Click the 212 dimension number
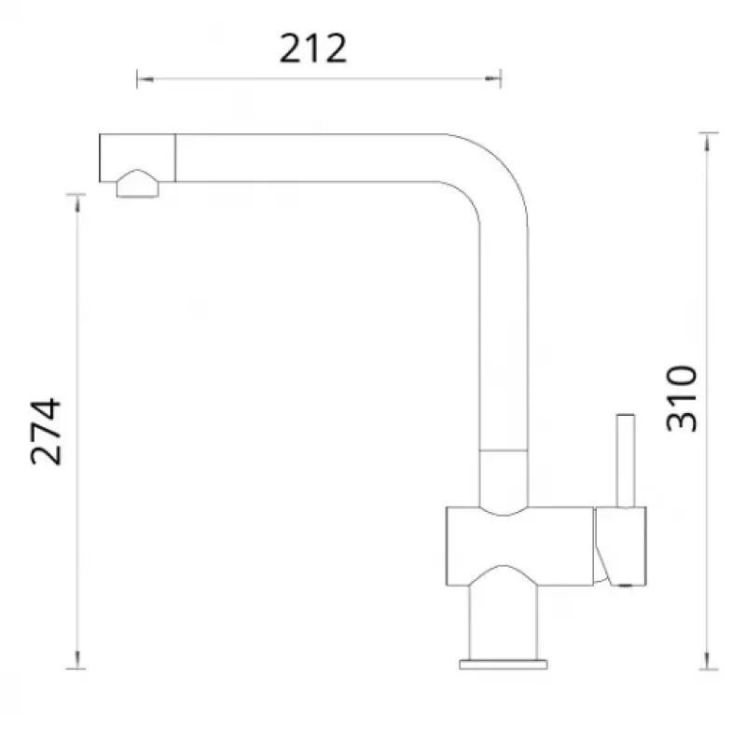tap(313, 48)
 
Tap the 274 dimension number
tap(46, 432)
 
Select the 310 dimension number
tap(682, 399)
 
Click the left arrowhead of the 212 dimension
tap(145, 79)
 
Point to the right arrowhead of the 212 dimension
tap(493, 79)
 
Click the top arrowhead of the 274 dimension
tap(77, 202)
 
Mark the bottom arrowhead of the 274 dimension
tap(77, 660)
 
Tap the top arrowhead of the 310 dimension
tap(708, 142)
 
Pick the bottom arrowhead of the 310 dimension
tap(708, 661)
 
